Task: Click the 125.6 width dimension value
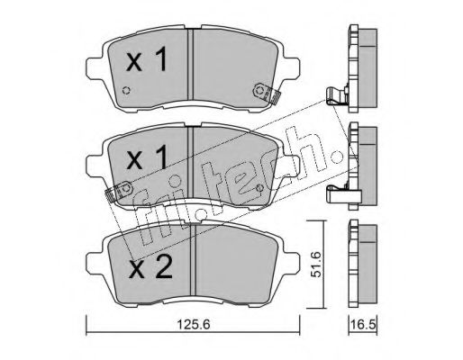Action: coord(194,324)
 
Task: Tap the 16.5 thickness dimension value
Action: coord(363,324)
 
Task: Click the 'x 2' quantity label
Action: coord(150,266)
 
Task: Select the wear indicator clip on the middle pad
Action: coord(120,191)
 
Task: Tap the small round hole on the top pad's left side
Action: coord(127,90)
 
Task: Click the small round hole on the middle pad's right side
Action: coord(260,188)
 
